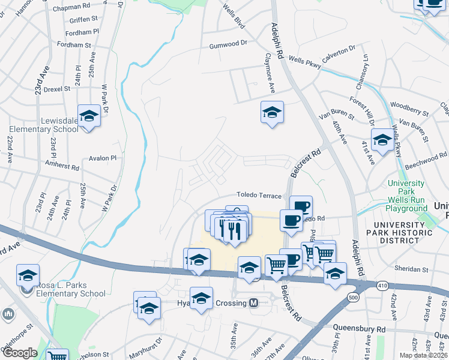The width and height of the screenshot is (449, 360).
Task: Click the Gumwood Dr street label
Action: tap(228, 44)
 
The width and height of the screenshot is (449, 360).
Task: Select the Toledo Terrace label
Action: tap(259, 196)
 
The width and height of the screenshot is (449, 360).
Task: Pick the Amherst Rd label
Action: tap(62, 164)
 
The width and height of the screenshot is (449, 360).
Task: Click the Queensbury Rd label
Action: tap(361, 329)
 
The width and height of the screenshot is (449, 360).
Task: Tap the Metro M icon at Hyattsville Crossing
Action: tap(254, 303)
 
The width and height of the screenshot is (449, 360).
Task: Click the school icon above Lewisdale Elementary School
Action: tap(89, 116)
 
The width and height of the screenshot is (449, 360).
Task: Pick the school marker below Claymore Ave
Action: tap(272, 112)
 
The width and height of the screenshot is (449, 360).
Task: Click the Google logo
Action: tap(19, 353)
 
